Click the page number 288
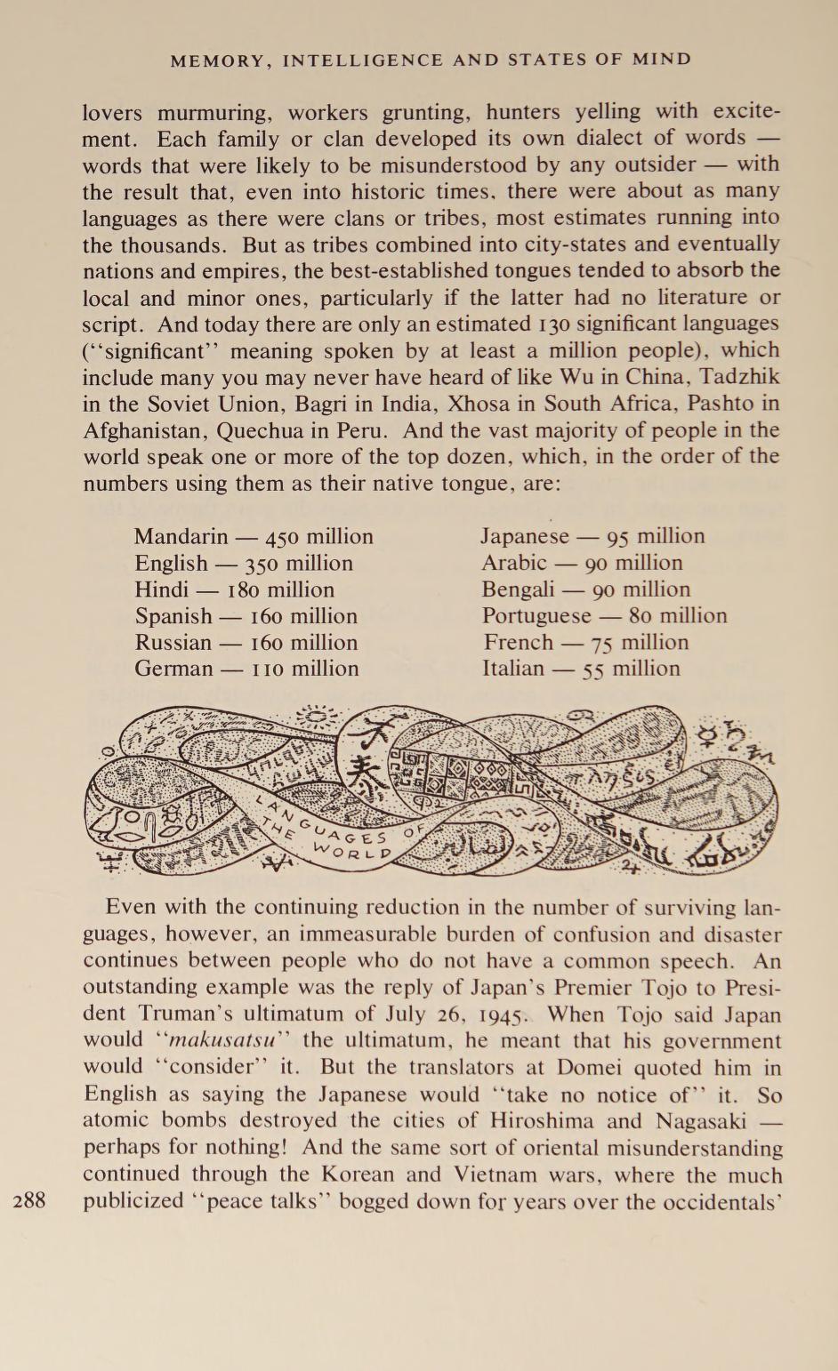(x=29, y=1200)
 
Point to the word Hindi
(x=161, y=590)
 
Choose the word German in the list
(x=173, y=669)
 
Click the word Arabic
(x=514, y=563)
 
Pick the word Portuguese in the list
(x=536, y=615)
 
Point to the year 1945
(x=505, y=1014)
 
